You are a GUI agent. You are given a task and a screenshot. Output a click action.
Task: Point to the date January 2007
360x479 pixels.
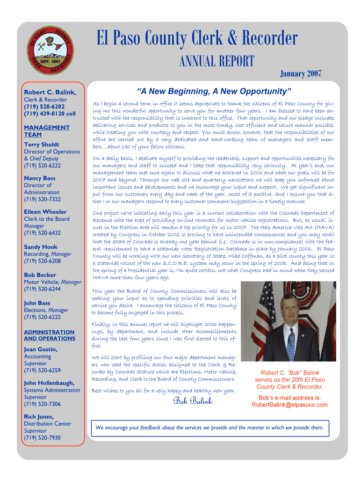pyautogui.click(x=300, y=73)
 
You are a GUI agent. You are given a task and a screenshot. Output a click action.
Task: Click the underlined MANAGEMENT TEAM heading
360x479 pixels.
pyautogui.click(x=46, y=131)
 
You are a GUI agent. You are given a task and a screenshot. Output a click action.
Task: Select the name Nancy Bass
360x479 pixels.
pyautogui.click(x=39, y=178)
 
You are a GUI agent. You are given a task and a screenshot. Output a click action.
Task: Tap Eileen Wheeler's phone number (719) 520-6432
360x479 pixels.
pyautogui.click(x=42, y=233)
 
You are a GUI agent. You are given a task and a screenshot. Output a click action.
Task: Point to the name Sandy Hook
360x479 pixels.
pyautogui.click(x=41, y=247)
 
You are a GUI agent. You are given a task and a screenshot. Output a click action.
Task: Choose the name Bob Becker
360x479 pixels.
pyautogui.click(x=40, y=275)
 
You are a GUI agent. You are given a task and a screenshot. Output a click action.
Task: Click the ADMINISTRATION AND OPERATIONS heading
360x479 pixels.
pyautogui.click(x=49, y=335)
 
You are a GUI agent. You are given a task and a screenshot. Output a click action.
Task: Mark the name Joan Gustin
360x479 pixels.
pyautogui.click(x=41, y=349)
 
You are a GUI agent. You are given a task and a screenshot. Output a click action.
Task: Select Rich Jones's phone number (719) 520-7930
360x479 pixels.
pyautogui.click(x=42, y=438)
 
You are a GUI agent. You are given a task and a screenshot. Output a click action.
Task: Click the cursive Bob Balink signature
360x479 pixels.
pyautogui.click(x=192, y=401)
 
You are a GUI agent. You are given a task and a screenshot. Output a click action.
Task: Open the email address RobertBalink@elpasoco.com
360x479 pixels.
pyautogui.click(x=289, y=405)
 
